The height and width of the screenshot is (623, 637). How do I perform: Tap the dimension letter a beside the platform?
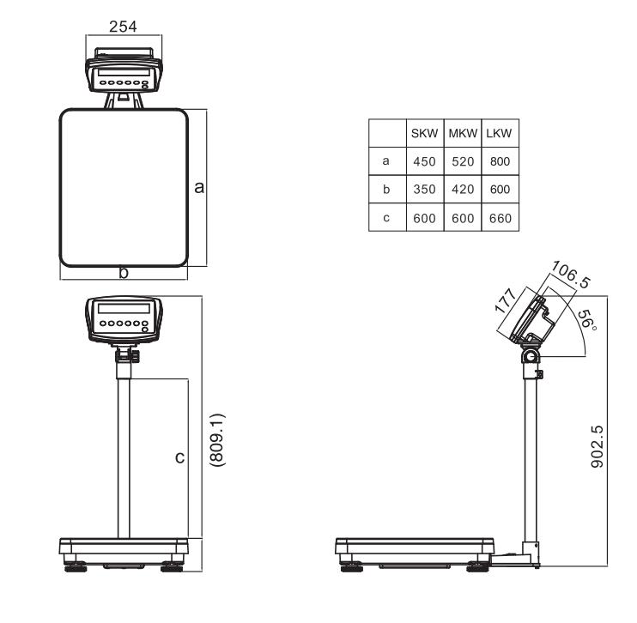(x=199, y=187)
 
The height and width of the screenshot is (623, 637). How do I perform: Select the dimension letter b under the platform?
(x=124, y=273)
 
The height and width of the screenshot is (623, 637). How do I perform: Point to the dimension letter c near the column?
(x=179, y=458)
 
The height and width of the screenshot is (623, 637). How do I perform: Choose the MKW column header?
(x=463, y=134)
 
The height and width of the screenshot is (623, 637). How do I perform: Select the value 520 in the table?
(x=463, y=160)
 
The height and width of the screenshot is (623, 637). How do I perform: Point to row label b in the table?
(x=386, y=189)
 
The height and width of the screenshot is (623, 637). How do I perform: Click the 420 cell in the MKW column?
(x=463, y=189)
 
